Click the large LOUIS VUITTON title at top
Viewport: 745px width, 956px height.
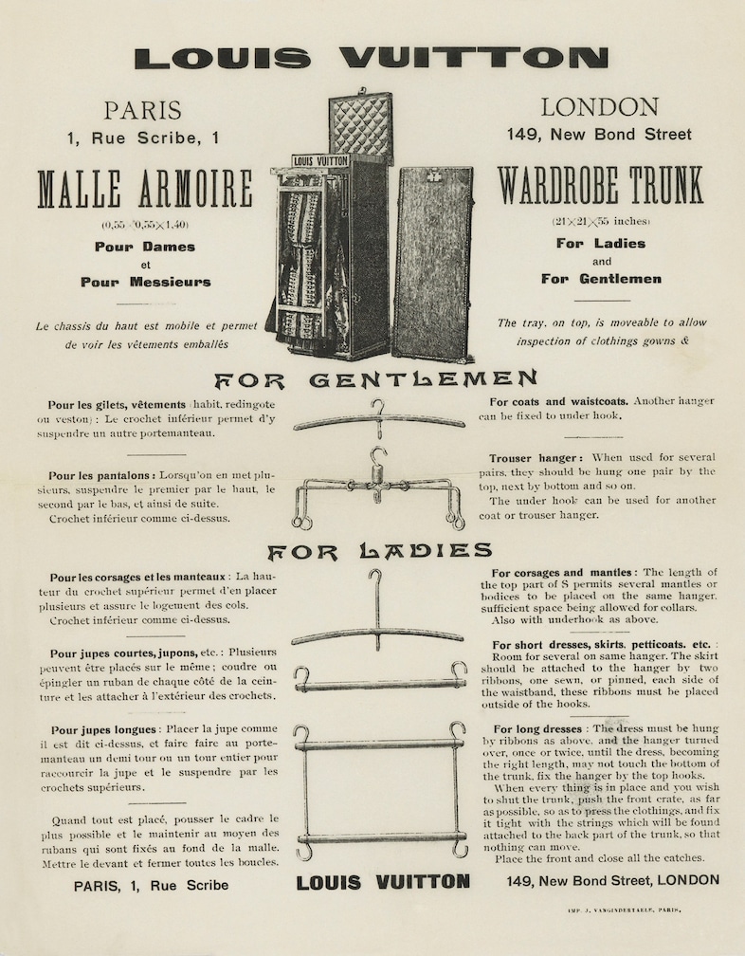371,57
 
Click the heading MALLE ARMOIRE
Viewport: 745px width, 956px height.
145,190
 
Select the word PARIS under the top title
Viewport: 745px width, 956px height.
143,110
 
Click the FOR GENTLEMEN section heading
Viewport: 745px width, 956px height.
375,381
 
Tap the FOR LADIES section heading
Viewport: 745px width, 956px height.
379,551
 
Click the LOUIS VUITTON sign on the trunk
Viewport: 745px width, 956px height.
319,161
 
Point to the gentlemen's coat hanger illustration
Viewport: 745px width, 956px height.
379,419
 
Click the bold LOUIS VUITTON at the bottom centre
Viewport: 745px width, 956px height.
383,882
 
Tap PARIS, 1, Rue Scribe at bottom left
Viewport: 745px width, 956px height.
151,885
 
